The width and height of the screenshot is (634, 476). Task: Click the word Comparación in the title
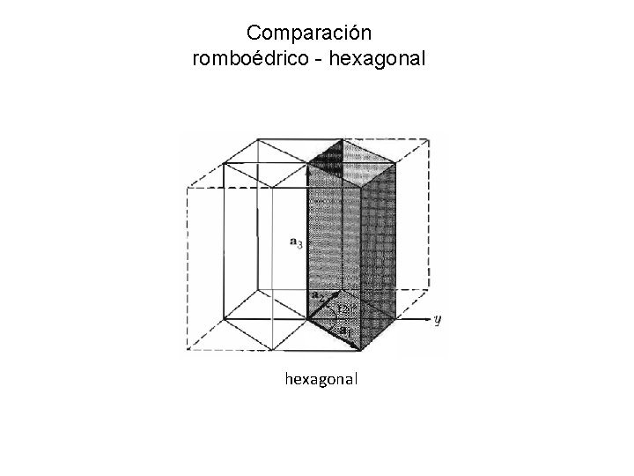[x=310, y=34]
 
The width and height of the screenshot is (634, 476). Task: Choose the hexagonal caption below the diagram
[x=321, y=379]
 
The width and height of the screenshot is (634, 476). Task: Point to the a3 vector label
[x=296, y=240]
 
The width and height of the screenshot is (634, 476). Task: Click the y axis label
[x=438, y=319]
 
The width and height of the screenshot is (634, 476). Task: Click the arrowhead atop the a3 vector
[x=307, y=167]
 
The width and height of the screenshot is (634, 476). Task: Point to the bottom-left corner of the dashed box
[x=187, y=352]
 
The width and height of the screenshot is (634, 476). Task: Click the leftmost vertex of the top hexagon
[x=225, y=163]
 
